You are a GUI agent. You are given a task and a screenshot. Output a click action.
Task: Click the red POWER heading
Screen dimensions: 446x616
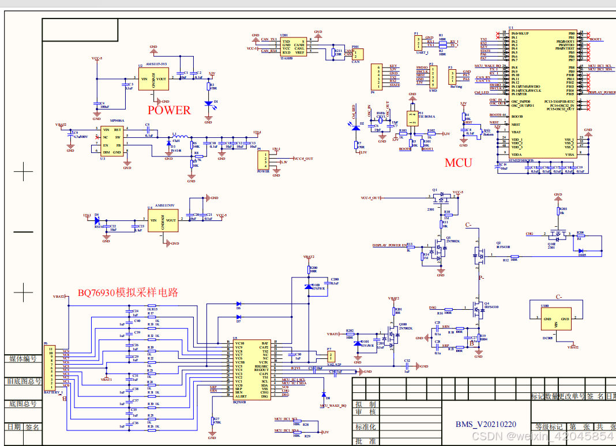click(169, 110)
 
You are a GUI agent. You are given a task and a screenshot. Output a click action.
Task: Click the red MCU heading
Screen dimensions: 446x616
click(458, 163)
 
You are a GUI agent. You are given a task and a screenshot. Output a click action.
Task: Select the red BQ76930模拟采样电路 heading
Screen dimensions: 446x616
click(128, 293)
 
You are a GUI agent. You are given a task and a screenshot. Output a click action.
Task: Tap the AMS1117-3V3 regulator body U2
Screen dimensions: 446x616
click(153, 79)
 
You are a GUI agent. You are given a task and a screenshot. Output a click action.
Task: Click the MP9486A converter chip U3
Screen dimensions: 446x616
click(111, 140)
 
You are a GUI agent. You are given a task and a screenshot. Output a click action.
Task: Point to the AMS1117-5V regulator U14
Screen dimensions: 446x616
click(162, 219)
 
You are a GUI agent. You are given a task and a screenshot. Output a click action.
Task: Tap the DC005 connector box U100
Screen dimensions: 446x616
click(555, 318)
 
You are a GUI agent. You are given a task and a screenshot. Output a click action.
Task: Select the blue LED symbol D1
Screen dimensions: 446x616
click(208, 103)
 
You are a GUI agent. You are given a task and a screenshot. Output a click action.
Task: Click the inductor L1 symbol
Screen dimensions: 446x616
click(175, 137)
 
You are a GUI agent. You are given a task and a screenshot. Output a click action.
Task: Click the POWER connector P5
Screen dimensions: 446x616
click(265, 160)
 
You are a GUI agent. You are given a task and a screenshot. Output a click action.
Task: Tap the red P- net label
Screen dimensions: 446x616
click(481, 278)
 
